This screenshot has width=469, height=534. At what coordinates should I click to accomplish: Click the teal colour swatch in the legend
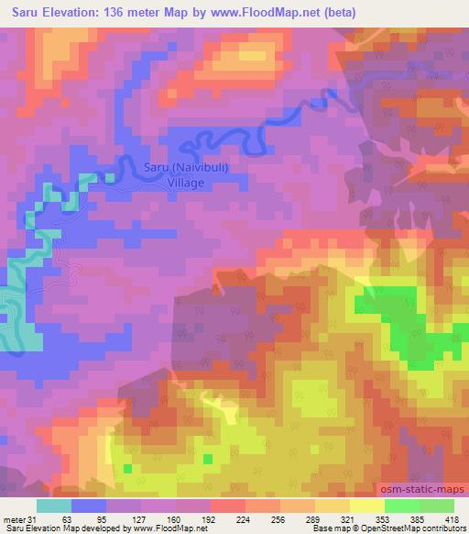point(54,506)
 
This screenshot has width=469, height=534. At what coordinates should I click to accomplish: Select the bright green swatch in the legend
point(401,506)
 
